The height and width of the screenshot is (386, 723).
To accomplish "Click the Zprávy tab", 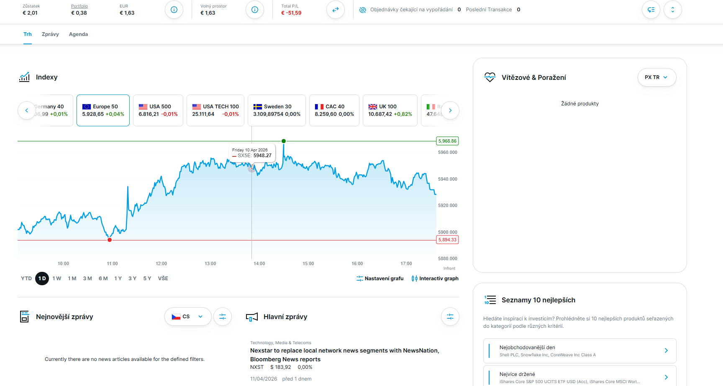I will coord(50,34).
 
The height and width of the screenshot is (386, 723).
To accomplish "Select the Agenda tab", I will coord(78,34).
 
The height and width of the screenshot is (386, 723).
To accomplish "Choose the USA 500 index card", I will coord(158,110).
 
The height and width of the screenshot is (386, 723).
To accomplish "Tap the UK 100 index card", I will coord(390,110).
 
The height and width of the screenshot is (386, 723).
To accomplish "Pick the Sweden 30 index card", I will coord(277,110).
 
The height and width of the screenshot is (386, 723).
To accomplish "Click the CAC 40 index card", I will coord(334,110).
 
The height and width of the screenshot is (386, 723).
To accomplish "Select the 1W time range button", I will coord(57,279).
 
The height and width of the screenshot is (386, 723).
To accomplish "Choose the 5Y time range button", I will coord(147,279).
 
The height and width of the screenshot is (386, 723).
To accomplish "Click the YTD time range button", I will coord(26,279).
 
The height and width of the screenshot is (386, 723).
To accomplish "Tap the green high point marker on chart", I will coord(284,141).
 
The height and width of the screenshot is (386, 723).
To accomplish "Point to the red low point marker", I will coord(110,240).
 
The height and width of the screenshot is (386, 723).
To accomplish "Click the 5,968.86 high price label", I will coord(447,141).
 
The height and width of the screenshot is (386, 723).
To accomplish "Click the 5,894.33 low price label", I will coord(447,240).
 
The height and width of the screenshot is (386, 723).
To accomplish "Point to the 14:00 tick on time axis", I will coord(259,263).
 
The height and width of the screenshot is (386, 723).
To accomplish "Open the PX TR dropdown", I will coord(656,77).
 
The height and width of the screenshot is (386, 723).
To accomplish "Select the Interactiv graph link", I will coord(435,279).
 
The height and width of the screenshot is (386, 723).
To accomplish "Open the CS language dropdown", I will coord(188,317).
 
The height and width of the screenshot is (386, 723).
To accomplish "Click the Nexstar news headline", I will coord(344,355).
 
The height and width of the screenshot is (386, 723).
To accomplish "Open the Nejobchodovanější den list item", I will coord(579,351).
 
